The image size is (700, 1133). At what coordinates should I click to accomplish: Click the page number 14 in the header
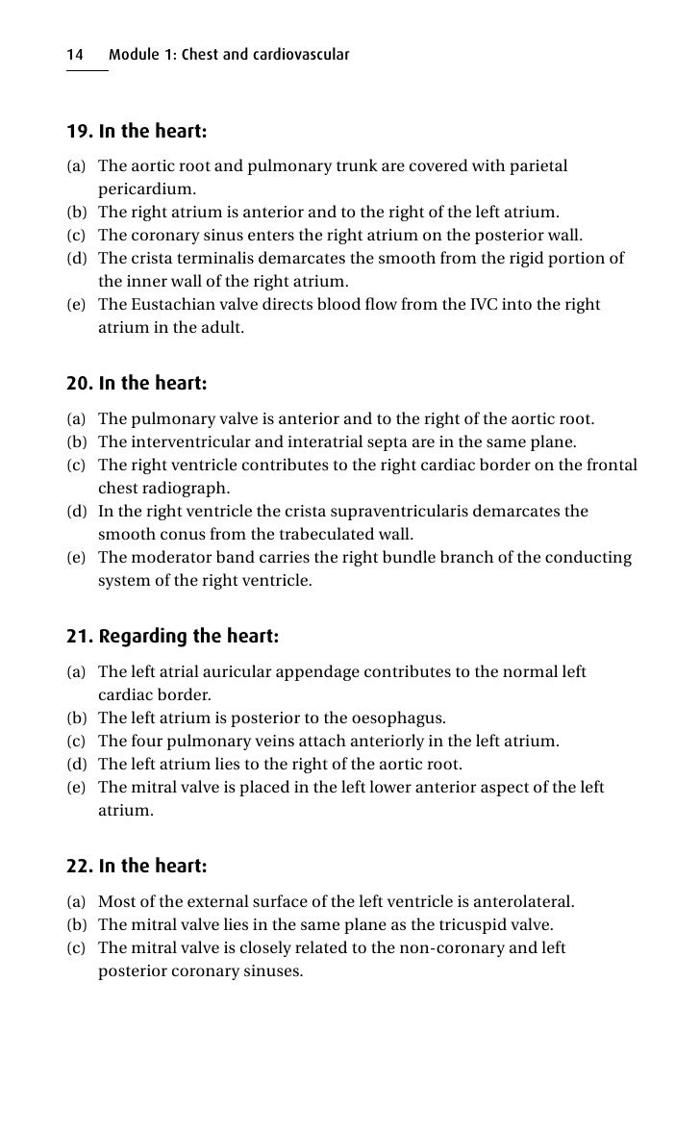tap(74, 55)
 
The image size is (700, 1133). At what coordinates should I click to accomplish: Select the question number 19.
tap(79, 131)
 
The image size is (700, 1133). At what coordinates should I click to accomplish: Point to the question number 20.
tap(79, 384)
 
